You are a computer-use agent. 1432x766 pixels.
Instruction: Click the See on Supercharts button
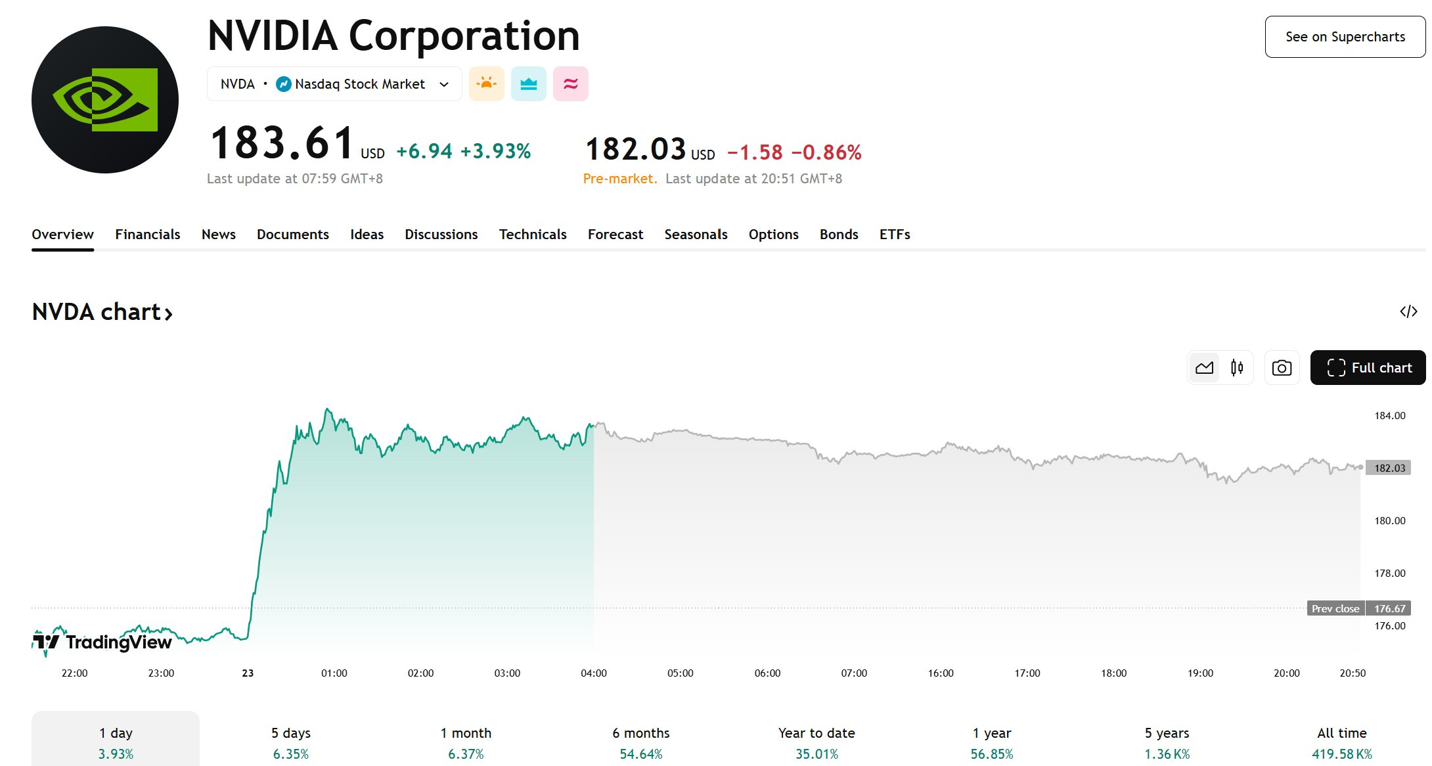1345,37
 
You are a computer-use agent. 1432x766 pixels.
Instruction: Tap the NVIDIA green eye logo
105,100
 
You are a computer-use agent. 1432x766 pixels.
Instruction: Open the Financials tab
147,235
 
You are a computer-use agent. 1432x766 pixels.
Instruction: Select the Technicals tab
533,235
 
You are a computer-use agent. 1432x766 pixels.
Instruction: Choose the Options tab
773,235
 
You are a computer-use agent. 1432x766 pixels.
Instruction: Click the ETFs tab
895,235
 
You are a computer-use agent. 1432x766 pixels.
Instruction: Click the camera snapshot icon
1282,368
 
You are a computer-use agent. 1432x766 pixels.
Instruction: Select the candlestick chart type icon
1237,368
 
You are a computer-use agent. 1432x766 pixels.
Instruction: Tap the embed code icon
1408,311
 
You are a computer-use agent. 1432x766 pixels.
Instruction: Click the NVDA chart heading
102,312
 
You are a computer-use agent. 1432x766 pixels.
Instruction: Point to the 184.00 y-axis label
1390,416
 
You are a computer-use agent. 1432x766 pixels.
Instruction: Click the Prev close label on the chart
1335,608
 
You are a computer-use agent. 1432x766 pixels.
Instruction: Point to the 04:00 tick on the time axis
594,673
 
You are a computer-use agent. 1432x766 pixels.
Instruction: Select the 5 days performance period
291,743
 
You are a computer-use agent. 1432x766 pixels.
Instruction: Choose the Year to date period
817,743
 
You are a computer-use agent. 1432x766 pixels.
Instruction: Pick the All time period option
1342,743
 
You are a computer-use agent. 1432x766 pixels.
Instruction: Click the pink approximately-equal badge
571,84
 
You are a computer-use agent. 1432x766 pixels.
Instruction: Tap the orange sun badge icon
487,84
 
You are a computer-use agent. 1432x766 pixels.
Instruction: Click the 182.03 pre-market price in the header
635,149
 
